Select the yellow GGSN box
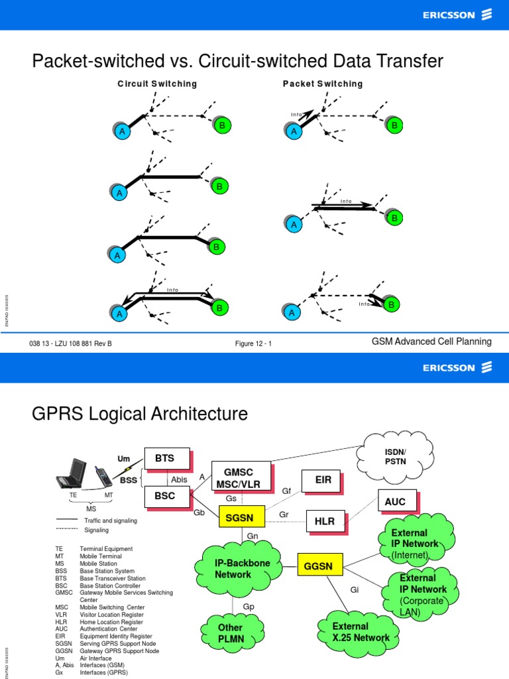(x=319, y=566)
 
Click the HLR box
(x=325, y=521)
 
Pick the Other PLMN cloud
(x=230, y=633)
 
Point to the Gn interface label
(x=252, y=536)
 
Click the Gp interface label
(x=249, y=606)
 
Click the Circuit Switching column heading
(x=157, y=84)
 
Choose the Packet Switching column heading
(x=323, y=84)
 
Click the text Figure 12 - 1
(x=253, y=343)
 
